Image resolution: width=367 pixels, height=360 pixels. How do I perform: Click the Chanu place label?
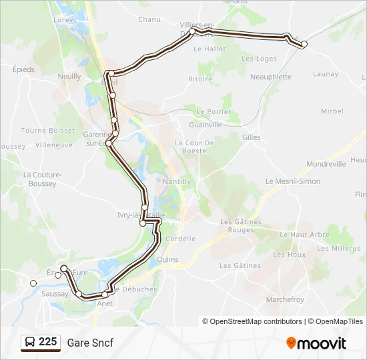tap(149, 19)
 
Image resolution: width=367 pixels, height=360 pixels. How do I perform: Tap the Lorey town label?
tap(63, 19)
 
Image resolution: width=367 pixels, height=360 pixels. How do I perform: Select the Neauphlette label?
tap(270, 77)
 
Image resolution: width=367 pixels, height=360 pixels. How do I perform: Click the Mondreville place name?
tap(326, 163)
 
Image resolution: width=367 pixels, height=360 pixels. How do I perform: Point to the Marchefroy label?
tap(286, 299)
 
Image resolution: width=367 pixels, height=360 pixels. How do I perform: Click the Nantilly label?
tap(177, 181)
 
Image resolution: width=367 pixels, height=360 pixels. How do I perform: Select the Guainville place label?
tap(206, 124)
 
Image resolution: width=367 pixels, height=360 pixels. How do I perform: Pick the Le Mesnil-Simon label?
tap(293, 181)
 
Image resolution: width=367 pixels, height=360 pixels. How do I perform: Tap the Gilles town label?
tap(252, 137)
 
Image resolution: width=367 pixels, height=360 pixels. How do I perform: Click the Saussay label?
tap(55, 293)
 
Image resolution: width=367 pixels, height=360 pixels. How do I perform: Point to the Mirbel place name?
tap(332, 111)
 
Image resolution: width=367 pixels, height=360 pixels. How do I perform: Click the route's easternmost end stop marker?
tap(304, 44)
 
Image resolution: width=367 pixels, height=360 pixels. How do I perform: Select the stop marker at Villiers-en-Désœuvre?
tap(193, 31)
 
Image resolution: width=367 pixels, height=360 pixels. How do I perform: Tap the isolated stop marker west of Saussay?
tap(33, 283)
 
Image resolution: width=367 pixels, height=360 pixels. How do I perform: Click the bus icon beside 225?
tap(30, 343)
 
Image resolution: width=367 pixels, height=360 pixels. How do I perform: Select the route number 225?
tap(47, 342)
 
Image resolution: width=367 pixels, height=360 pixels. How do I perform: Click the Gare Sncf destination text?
tap(90, 343)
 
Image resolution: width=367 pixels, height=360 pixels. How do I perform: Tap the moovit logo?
tap(316, 343)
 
